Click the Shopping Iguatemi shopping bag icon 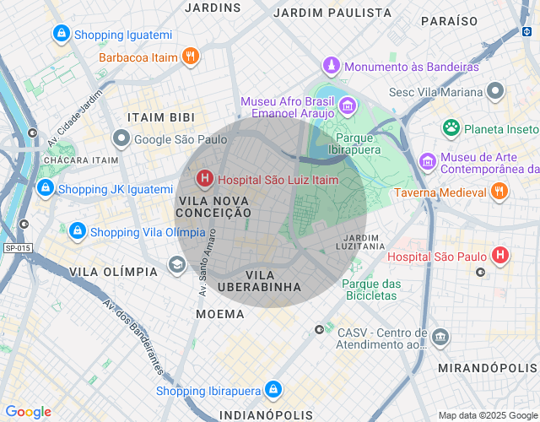pyautogui.click(x=61, y=34)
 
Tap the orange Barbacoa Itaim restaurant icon pyautogui.click(x=192, y=57)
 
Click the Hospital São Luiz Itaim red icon pyautogui.click(x=204, y=179)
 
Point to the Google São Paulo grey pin pyautogui.click(x=122, y=138)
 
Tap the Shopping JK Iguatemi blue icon pyautogui.click(x=46, y=188)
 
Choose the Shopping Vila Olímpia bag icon pyautogui.click(x=77, y=231)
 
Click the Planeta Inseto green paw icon pyautogui.click(x=451, y=128)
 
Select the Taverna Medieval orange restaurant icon pyautogui.click(x=499, y=192)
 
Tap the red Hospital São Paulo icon pyautogui.click(x=501, y=255)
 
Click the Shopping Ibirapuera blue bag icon pyautogui.click(x=273, y=390)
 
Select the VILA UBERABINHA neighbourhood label pyautogui.click(x=272, y=281)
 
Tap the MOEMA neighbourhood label pyautogui.click(x=219, y=314)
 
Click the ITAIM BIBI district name pyautogui.click(x=160, y=117)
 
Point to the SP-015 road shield pyautogui.click(x=16, y=248)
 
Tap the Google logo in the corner pyautogui.click(x=28, y=412)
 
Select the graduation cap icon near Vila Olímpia pyautogui.click(x=176, y=265)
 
